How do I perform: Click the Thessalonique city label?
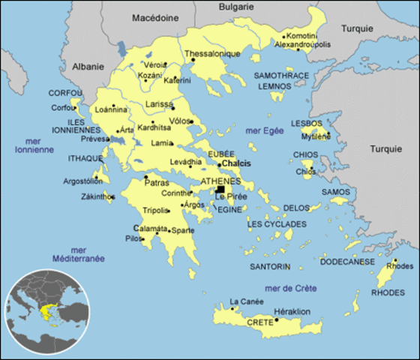[212, 54]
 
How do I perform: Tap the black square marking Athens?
[220, 190]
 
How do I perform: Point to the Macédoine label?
[156, 17]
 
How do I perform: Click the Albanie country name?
[88, 67]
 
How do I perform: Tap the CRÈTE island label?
[259, 322]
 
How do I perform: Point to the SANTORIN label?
[268, 266]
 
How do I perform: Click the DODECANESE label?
[346, 262]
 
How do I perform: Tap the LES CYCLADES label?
[277, 224]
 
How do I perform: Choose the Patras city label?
[161, 183]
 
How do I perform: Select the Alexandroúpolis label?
[303, 45]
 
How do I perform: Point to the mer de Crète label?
[291, 288]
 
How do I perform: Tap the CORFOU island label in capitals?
[65, 93]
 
